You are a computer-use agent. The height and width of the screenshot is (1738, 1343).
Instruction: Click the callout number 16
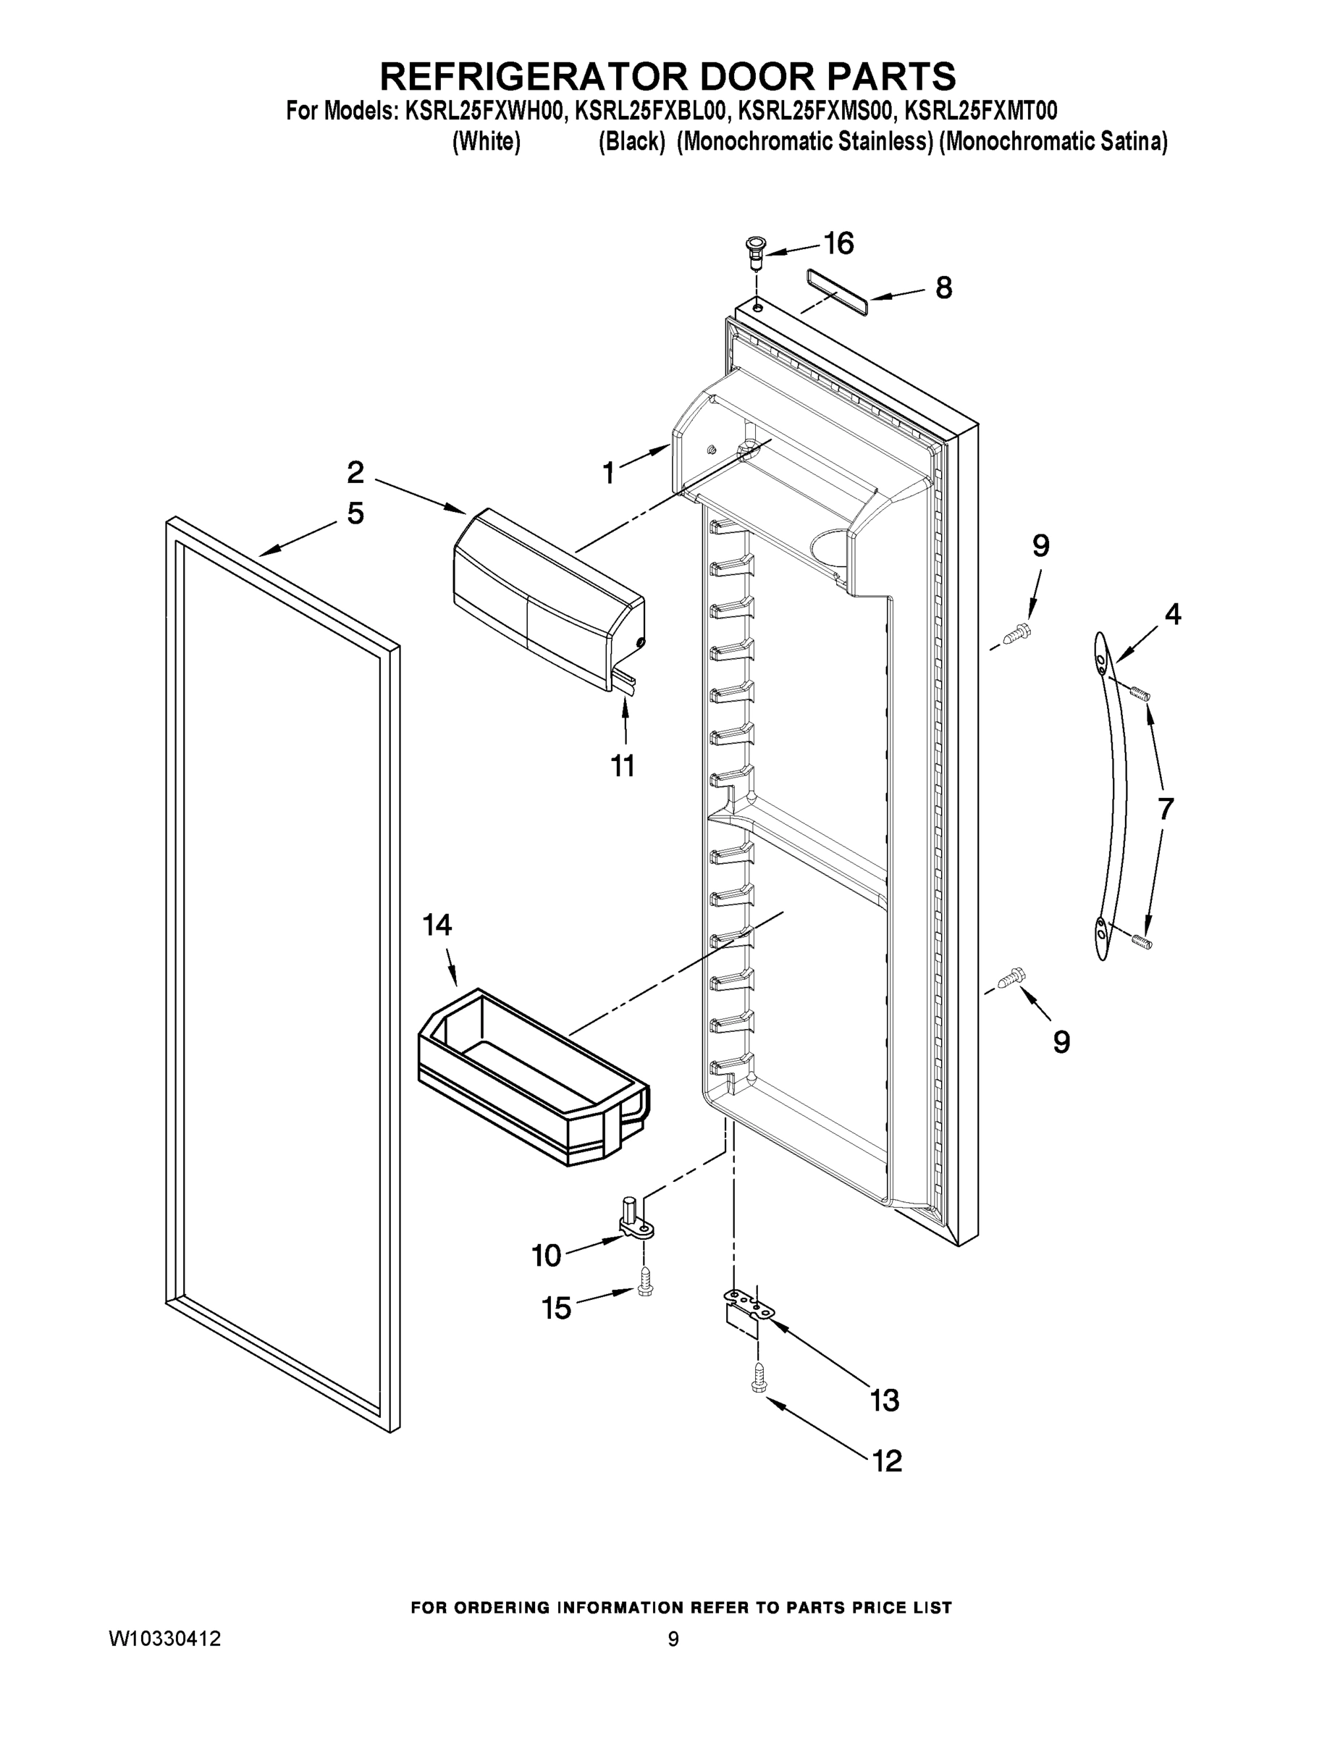[x=838, y=243]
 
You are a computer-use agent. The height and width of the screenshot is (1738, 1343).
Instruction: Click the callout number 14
[x=437, y=925]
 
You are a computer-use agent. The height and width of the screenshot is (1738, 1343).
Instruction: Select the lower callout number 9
[x=1061, y=1043]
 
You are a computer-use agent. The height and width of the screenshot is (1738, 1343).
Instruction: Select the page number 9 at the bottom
[x=673, y=1640]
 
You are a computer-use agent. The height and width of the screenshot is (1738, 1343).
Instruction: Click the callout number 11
[x=622, y=765]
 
